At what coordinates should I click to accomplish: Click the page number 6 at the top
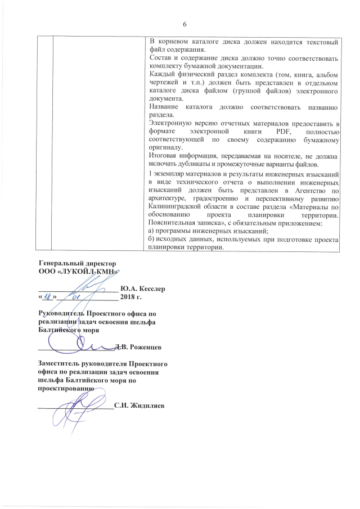point(184,23)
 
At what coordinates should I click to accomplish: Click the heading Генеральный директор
point(76,263)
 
